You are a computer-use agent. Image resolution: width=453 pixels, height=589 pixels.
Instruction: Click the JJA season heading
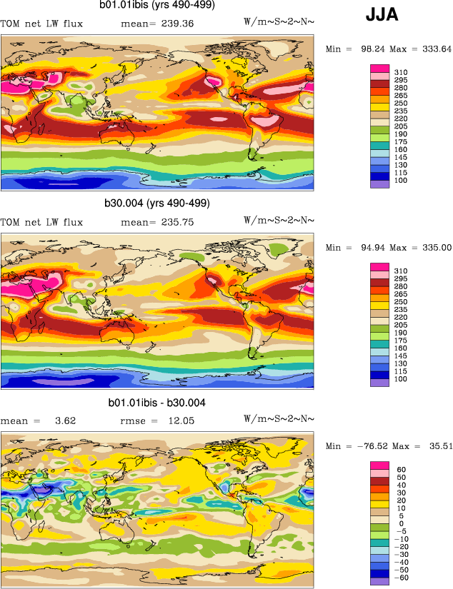pyautogui.click(x=382, y=14)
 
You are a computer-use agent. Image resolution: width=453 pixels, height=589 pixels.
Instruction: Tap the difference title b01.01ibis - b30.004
pyautogui.click(x=157, y=403)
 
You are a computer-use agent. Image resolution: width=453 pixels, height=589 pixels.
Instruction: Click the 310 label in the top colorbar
pyautogui.click(x=401, y=73)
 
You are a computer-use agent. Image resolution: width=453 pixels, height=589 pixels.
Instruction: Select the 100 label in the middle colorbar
pyautogui.click(x=401, y=378)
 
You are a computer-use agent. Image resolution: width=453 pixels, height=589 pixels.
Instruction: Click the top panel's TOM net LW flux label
pyautogui.click(x=42, y=24)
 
